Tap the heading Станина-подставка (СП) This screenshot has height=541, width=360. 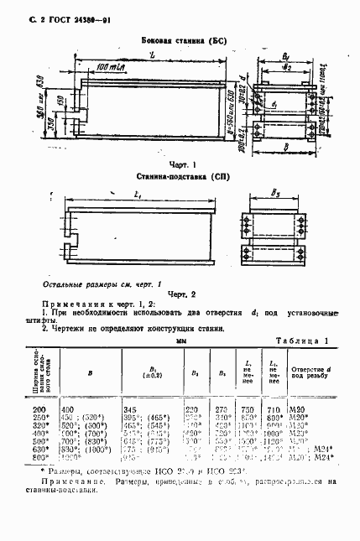point(180,178)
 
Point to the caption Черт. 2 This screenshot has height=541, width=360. point(180,294)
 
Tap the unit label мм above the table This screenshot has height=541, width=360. point(180,341)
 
